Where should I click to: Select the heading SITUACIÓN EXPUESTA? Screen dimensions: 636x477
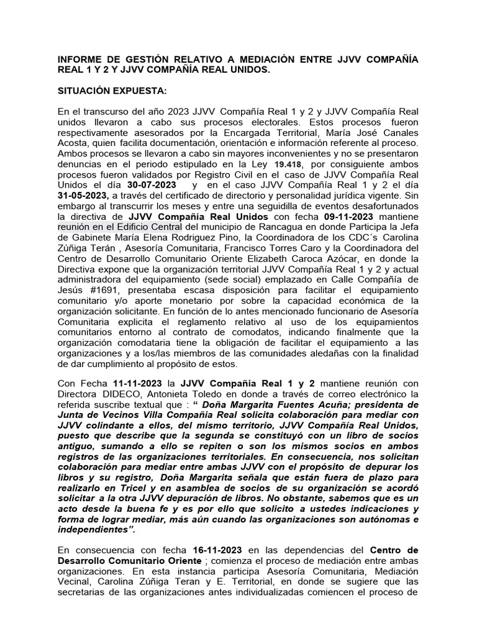112,91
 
